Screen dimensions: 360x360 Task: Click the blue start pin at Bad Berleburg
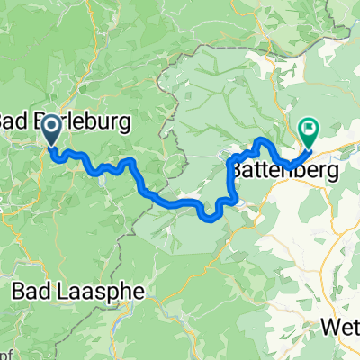click(x=51, y=130)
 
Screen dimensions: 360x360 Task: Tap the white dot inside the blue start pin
click(x=51, y=127)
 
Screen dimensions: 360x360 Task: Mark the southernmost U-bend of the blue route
click(x=213, y=216)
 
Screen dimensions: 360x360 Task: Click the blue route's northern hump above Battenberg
click(x=263, y=141)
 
